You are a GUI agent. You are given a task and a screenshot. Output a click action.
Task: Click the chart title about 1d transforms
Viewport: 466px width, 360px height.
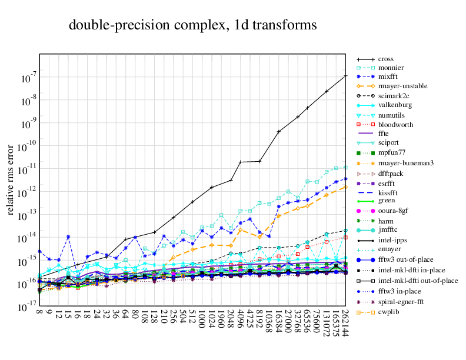pyautogui.click(x=193, y=25)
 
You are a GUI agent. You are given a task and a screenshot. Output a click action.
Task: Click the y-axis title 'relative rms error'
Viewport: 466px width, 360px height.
pyautogui.click(x=11, y=179)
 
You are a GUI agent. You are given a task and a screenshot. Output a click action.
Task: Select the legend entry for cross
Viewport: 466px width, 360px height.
pyautogui.click(x=386, y=59)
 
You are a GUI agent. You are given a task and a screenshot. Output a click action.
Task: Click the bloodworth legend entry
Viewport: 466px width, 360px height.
pyautogui.click(x=395, y=125)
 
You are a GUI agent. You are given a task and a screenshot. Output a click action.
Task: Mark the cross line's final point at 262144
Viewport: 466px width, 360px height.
pyautogui.click(x=345, y=76)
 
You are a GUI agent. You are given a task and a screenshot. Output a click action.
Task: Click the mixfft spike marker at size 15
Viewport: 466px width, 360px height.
pyautogui.click(x=68, y=236)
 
